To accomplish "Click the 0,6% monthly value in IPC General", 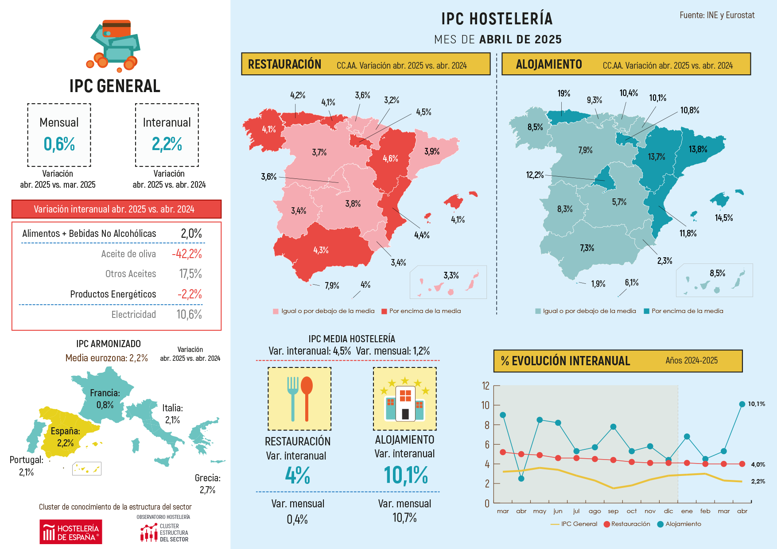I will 59,144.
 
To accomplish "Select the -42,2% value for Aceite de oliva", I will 187,254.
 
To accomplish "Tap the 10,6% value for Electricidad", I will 189,315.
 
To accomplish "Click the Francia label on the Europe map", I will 105,393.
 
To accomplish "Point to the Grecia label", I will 207,478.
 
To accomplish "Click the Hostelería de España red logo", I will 71,532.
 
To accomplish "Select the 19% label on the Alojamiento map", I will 563,94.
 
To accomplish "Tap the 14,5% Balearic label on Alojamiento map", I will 724,218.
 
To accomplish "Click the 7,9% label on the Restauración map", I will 332,286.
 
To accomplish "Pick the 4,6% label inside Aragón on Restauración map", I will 390,159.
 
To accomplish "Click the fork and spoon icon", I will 299,398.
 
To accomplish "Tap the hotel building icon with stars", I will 405,398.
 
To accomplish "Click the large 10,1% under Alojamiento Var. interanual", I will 405,476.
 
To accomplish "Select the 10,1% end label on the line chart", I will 756,404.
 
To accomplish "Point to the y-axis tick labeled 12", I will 486,386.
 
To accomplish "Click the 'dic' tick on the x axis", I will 668,511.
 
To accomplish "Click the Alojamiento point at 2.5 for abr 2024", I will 521,479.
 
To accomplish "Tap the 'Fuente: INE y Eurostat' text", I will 717,15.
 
